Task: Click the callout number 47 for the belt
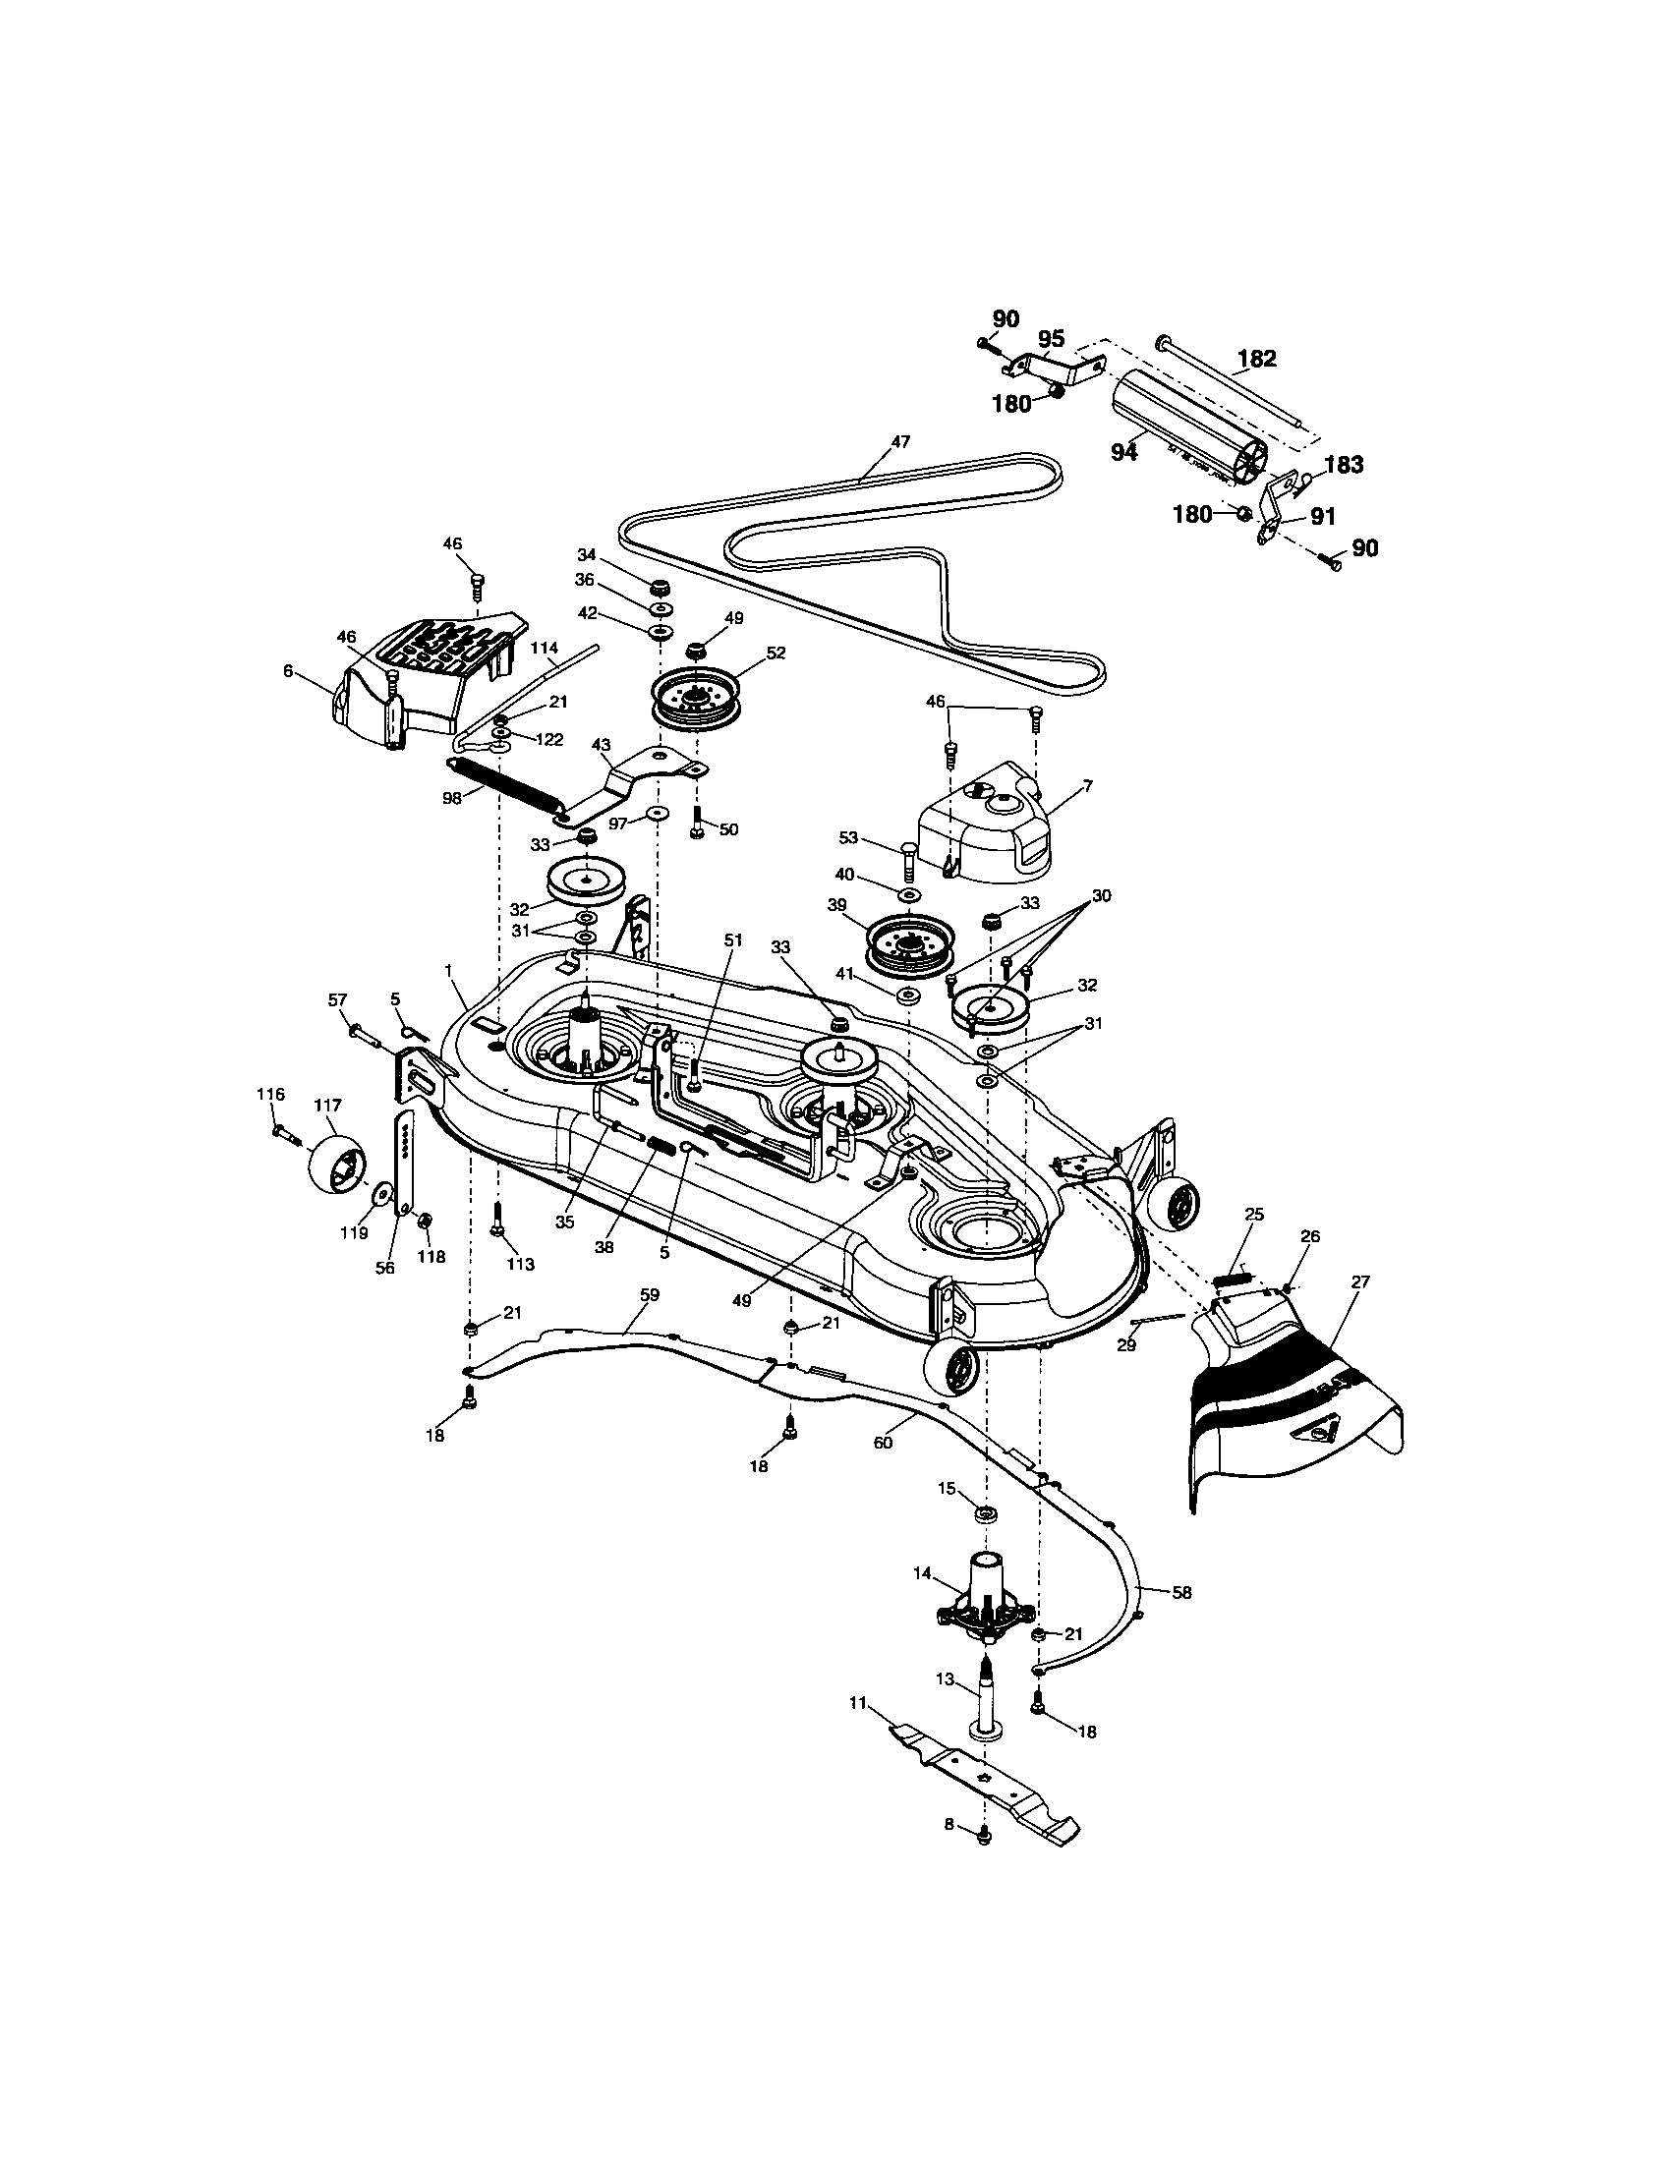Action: [x=899, y=441]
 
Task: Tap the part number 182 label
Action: [x=1256, y=359]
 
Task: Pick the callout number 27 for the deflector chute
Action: [x=1360, y=1280]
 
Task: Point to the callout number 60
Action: [x=883, y=1443]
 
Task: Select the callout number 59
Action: [x=650, y=1295]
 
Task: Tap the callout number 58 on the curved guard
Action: [x=1181, y=1593]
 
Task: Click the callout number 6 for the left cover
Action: [x=288, y=670]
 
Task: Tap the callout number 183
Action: [x=1344, y=464]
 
